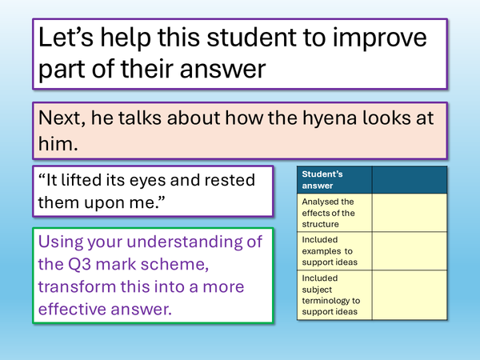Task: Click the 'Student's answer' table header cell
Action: (334, 179)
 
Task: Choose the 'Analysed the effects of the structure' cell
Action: (334, 213)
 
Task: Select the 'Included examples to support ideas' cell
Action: (334, 251)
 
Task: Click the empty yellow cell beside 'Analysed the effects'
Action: (406, 213)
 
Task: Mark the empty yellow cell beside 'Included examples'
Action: (406, 251)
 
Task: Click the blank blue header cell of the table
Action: (406, 179)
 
